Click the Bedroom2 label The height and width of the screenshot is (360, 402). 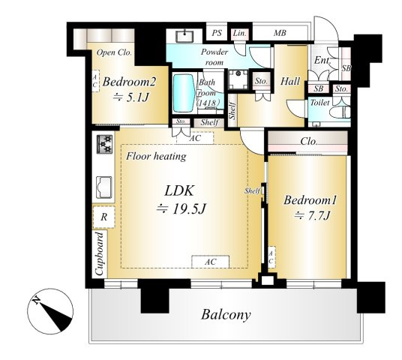pyautogui.click(x=129, y=82)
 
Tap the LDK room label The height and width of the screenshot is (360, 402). pyautogui.click(x=179, y=190)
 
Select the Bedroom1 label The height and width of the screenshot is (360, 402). pyautogui.click(x=310, y=200)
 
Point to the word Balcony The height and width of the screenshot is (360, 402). pyautogui.click(x=226, y=315)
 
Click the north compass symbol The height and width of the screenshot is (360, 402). pyautogui.click(x=50, y=311)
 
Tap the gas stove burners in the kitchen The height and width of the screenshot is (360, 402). pyautogui.click(x=104, y=144)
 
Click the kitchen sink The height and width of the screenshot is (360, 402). pyautogui.click(x=103, y=187)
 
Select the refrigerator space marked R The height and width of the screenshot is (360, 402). pyautogui.click(x=103, y=217)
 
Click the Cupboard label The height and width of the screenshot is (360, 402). pyautogui.click(x=100, y=253)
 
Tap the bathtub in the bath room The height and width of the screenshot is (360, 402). pyautogui.click(x=184, y=93)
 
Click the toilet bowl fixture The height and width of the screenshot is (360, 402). pyautogui.click(x=340, y=112)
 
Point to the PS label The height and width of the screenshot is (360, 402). pyautogui.click(x=217, y=33)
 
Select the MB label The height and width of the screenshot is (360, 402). pyautogui.click(x=280, y=33)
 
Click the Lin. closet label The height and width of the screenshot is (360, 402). pyautogui.click(x=240, y=33)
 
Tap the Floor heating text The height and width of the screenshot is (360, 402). pyautogui.click(x=156, y=157)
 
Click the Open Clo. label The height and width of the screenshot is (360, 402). pyautogui.click(x=114, y=52)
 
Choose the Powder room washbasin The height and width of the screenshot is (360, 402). pyautogui.click(x=184, y=36)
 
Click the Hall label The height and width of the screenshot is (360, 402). pyautogui.click(x=290, y=82)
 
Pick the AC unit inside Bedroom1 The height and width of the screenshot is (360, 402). pyautogui.click(x=271, y=257)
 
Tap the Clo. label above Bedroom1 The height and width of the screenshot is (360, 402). pyautogui.click(x=309, y=142)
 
